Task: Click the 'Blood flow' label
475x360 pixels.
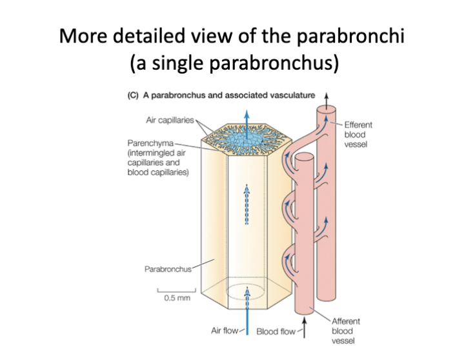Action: tap(276, 332)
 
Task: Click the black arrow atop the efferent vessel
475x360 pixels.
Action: tap(326, 97)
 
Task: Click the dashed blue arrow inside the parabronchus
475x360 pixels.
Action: tap(246, 203)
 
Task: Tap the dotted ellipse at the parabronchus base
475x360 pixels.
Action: tap(246, 292)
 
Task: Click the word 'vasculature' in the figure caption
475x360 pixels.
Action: tap(289, 95)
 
